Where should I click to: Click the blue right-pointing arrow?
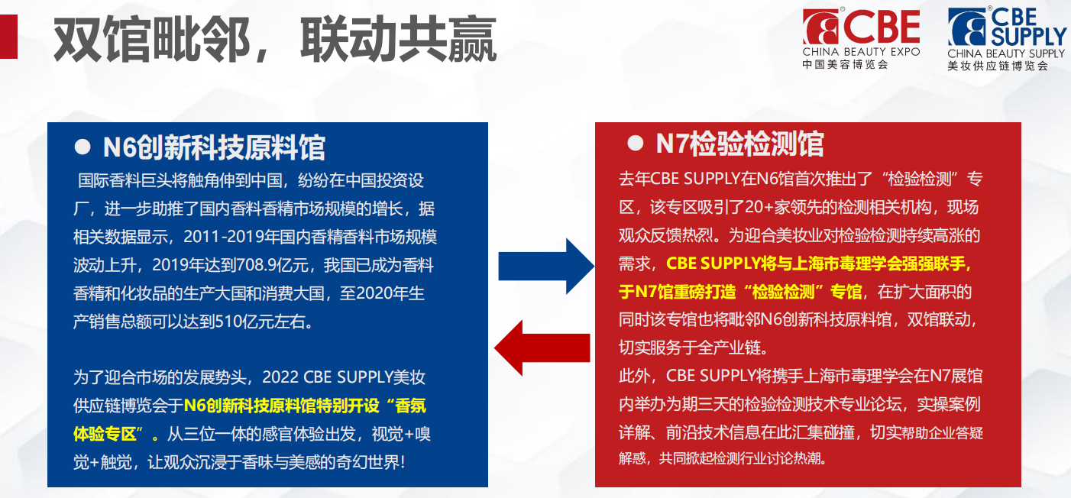[x=546, y=267]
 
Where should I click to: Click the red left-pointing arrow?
[x=542, y=348]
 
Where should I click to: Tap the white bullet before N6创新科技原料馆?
[x=83, y=147]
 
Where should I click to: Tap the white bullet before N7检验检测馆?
[x=635, y=143]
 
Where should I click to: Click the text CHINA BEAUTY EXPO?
[x=861, y=52]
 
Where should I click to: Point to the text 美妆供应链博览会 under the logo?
[x=998, y=66]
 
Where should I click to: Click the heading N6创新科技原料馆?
[x=214, y=147]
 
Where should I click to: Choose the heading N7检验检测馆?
[x=739, y=144]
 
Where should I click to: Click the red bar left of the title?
[x=8, y=37]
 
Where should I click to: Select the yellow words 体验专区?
[x=105, y=434]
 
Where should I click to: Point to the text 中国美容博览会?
[x=846, y=64]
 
